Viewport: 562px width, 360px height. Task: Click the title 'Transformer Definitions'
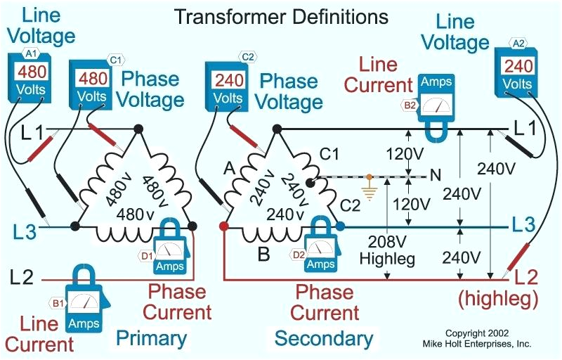(x=281, y=15)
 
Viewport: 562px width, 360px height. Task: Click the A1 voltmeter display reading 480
(x=32, y=71)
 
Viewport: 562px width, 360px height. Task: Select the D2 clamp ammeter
(x=321, y=245)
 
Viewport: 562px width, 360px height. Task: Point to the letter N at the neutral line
(x=436, y=176)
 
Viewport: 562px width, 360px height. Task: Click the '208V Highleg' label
(x=387, y=250)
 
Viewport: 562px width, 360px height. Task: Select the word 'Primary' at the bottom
(x=152, y=338)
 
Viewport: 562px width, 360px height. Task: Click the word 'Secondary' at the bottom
(x=324, y=338)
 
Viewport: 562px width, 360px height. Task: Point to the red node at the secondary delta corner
(x=223, y=227)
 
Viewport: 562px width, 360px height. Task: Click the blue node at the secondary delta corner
(x=341, y=226)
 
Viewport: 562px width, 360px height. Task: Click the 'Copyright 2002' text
(x=477, y=333)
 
